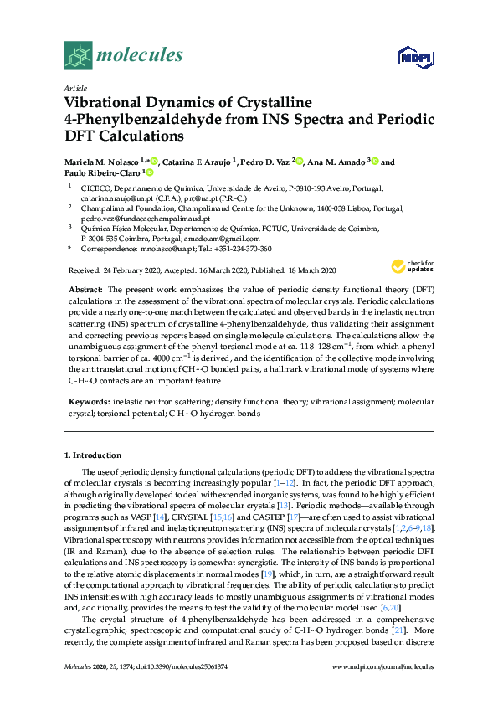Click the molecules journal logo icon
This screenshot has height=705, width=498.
(78, 57)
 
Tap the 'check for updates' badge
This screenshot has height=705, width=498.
(411, 266)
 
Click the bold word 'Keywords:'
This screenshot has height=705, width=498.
(88, 402)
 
